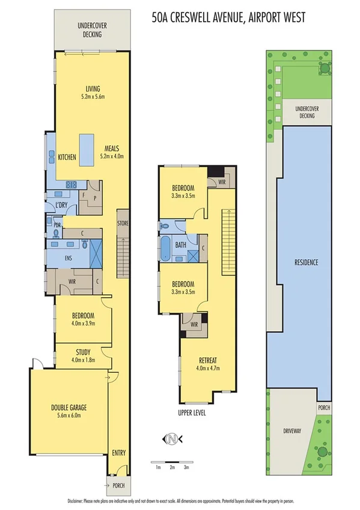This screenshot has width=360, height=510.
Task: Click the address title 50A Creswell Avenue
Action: pos(228,18)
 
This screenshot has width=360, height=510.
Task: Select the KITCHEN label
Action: pos(67,158)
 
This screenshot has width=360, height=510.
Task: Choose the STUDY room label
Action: pos(84,352)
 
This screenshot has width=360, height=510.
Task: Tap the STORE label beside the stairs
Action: pos(123,224)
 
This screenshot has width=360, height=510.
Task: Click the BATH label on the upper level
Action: pos(180,245)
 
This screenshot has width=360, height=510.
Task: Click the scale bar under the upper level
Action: pos(171,462)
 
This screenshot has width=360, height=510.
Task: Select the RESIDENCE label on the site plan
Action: pos(306,262)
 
